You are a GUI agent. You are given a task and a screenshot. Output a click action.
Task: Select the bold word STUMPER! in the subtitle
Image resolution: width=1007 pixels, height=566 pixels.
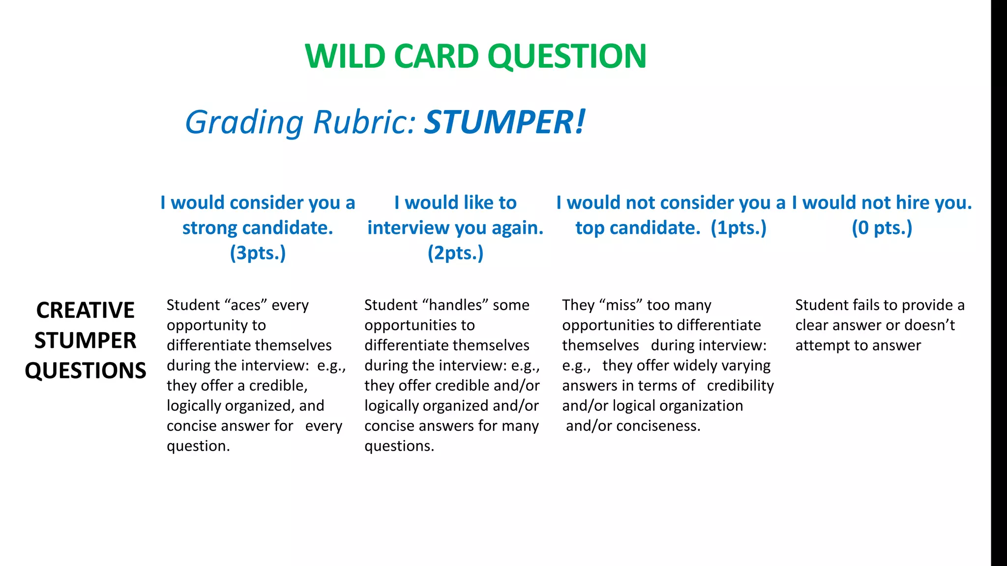click(505, 122)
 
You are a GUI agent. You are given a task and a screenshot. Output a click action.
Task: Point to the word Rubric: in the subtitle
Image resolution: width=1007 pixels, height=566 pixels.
click(364, 122)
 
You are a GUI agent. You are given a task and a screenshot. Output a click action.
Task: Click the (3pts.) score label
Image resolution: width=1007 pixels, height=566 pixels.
click(258, 253)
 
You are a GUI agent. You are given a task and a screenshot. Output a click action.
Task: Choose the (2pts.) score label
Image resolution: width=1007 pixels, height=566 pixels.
click(455, 253)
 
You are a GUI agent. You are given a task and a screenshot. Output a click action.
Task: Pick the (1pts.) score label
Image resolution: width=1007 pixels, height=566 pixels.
click(739, 228)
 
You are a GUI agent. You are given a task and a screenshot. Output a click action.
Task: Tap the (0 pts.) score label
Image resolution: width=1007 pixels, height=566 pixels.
click(882, 228)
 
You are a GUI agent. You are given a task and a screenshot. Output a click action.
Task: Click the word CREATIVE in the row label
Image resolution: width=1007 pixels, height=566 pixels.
click(86, 311)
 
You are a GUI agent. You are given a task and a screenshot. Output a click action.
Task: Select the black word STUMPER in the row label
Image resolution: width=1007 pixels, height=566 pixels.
click(86, 340)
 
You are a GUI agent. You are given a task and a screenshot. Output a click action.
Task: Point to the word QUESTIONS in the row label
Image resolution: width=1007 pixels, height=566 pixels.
click(86, 370)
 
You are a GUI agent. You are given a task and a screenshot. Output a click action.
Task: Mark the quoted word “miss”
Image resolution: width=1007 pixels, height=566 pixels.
click(616, 305)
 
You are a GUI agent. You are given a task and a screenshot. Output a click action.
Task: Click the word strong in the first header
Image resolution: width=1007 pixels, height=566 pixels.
click(210, 228)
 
